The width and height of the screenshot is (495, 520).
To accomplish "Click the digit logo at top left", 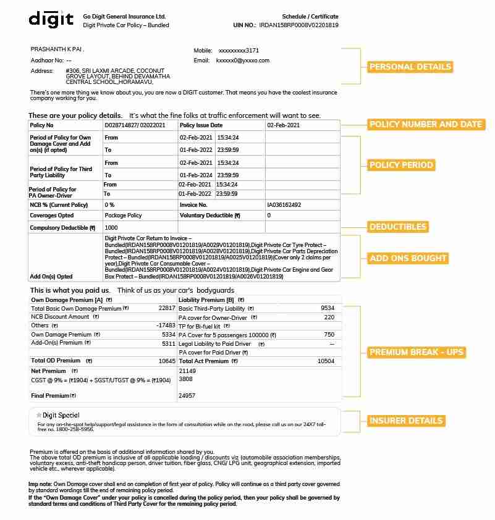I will (x=51, y=19).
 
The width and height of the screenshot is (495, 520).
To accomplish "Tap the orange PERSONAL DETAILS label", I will (x=410, y=67).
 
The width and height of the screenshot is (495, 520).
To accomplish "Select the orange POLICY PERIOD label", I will (x=401, y=165).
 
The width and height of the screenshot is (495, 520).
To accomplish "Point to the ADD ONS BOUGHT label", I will (x=408, y=258).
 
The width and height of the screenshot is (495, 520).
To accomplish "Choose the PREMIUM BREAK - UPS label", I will (x=416, y=353).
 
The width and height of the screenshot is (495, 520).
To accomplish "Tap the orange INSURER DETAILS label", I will (x=406, y=421).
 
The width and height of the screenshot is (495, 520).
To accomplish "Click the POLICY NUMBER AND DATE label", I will (x=425, y=124).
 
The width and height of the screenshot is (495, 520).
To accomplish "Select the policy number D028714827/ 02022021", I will (x=135, y=125).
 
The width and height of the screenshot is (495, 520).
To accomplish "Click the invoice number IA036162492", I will (x=284, y=204).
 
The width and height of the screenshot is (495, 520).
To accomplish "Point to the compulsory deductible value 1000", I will (x=111, y=228).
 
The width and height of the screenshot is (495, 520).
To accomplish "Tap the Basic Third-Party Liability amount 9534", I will (x=328, y=308).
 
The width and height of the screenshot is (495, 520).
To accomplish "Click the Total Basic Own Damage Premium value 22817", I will (x=167, y=308).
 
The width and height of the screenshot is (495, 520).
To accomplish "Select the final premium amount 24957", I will (x=187, y=395).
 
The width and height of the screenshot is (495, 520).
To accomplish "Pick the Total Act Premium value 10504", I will (x=326, y=361).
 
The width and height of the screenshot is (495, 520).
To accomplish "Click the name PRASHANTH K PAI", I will (x=57, y=49).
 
